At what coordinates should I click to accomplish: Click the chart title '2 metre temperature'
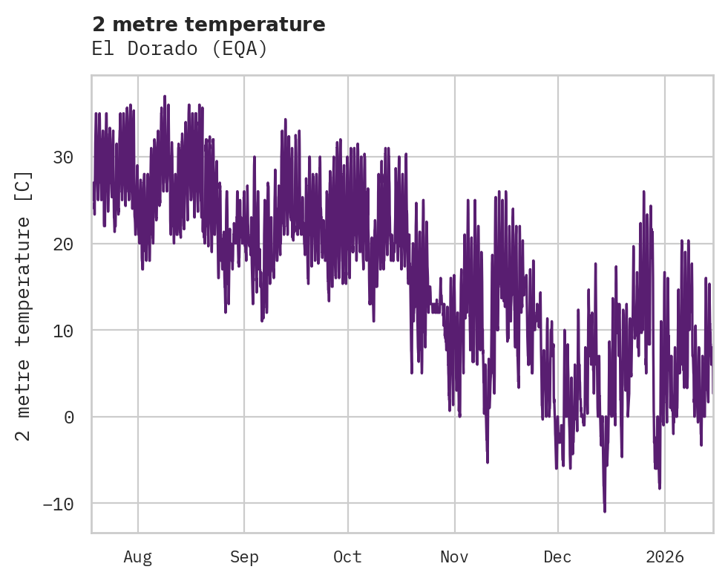(x=209, y=25)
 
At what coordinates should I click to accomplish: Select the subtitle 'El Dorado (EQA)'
(x=179, y=49)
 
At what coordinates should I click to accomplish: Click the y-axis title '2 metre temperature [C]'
(x=24, y=305)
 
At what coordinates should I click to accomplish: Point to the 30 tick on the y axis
(x=64, y=158)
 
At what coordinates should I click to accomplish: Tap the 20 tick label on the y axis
(x=64, y=244)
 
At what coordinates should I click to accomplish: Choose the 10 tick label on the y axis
(x=64, y=331)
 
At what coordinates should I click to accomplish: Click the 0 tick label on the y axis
(x=69, y=418)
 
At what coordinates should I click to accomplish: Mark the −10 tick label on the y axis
(x=59, y=504)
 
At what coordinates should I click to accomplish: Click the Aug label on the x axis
(x=138, y=556)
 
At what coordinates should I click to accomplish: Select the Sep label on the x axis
(x=243, y=556)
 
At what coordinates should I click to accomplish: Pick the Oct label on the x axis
(x=348, y=556)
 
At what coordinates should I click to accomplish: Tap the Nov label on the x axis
(x=454, y=556)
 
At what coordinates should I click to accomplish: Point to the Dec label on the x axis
(x=558, y=556)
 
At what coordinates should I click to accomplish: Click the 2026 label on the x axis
(x=665, y=556)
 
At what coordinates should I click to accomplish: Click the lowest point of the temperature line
(x=605, y=511)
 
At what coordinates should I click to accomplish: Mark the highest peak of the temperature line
(x=165, y=96)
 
